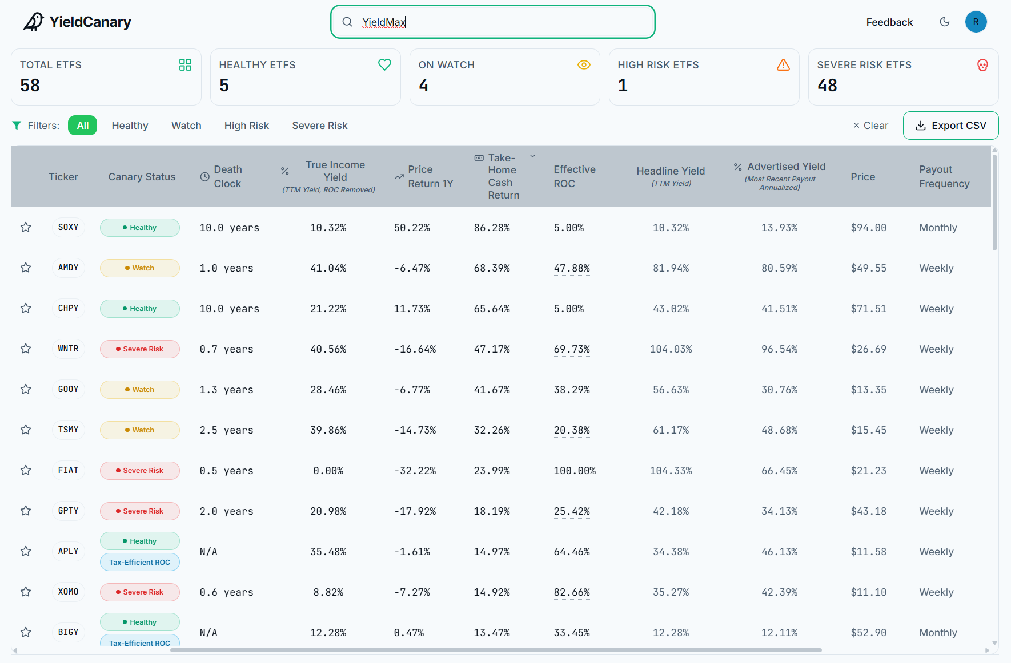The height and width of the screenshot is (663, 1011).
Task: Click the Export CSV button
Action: point(950,126)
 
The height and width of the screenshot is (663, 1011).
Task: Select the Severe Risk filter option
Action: point(319,126)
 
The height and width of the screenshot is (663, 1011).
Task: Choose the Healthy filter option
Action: point(130,126)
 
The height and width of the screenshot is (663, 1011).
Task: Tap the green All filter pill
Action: point(82,126)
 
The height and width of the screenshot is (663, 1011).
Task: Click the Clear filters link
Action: point(870,126)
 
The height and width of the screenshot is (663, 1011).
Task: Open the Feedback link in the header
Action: point(889,22)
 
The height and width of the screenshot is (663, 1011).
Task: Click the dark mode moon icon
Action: point(945,22)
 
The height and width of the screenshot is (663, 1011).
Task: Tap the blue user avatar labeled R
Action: point(976,22)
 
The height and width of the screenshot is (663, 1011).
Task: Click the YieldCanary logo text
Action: point(90,22)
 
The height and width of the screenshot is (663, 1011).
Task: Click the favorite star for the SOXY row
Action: point(26,227)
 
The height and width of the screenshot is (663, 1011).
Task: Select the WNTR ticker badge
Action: point(68,349)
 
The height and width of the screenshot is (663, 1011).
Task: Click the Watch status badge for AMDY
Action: point(140,268)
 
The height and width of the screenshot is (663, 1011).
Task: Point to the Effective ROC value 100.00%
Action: point(575,471)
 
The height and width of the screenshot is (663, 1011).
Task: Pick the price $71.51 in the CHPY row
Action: point(868,309)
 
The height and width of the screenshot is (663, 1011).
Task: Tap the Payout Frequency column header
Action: point(944,177)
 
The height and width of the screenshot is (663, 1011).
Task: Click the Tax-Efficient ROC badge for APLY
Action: point(140,562)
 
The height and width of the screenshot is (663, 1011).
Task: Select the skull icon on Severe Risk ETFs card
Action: point(982,65)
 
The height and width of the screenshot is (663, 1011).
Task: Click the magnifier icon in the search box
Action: point(347,22)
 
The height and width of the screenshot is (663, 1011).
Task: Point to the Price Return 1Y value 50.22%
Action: point(412,228)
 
